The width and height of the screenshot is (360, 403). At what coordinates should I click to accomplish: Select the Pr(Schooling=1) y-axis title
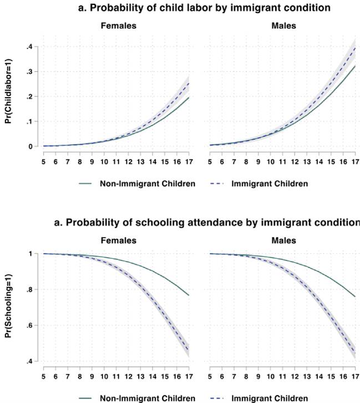point(9,309)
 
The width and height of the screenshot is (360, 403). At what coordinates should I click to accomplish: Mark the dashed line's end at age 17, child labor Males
point(353,47)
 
